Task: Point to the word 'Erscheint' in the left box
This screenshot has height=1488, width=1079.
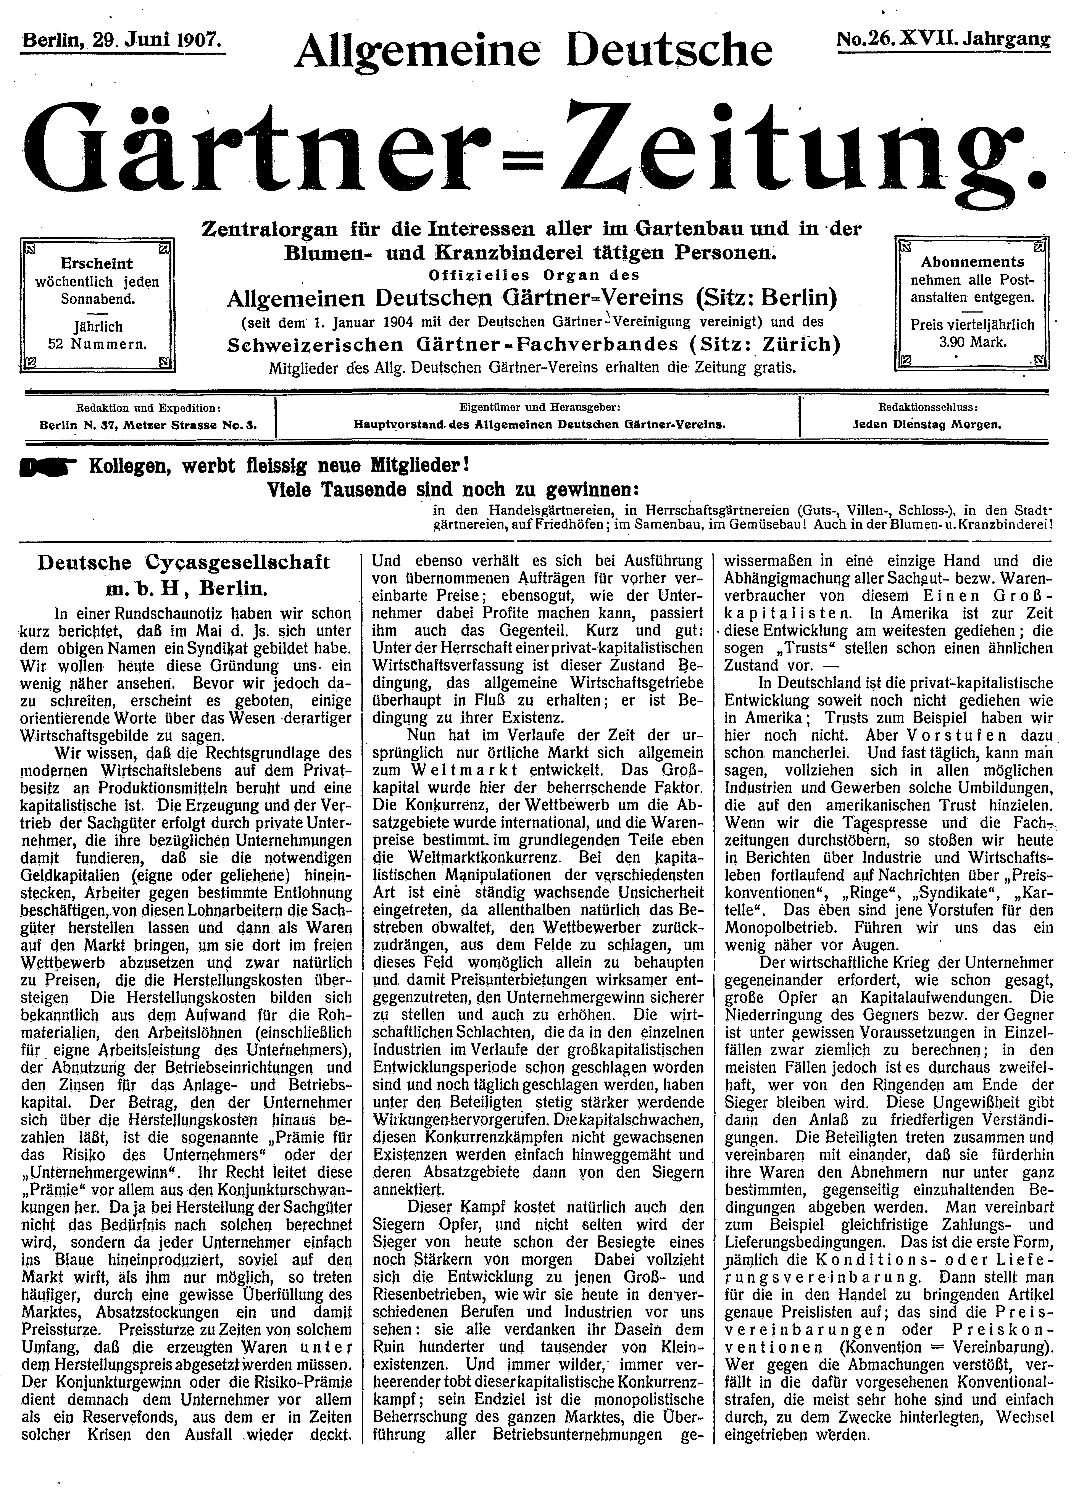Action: [96, 264]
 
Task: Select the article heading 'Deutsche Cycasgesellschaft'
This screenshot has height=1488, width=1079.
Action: [184, 563]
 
